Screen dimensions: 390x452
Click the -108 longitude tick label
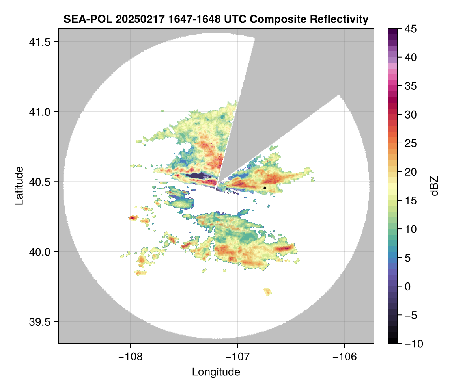[x=130, y=357]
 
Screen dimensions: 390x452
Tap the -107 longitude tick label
[x=237, y=357]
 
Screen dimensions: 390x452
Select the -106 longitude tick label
[x=345, y=357]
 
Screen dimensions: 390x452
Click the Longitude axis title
[x=216, y=372]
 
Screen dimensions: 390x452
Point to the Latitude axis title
[x=19, y=186]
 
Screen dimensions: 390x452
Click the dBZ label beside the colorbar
[x=434, y=186]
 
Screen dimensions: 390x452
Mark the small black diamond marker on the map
[x=265, y=188]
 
